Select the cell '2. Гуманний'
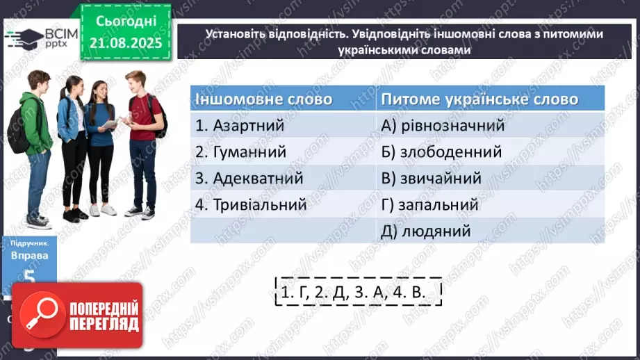(240, 152)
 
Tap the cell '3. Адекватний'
(249, 178)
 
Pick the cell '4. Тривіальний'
(251, 205)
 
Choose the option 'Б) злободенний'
(442, 152)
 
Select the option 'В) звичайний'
(432, 178)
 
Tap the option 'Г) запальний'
(429, 205)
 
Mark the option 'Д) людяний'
(426, 231)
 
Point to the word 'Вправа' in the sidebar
(24, 255)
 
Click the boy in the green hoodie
(34, 146)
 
